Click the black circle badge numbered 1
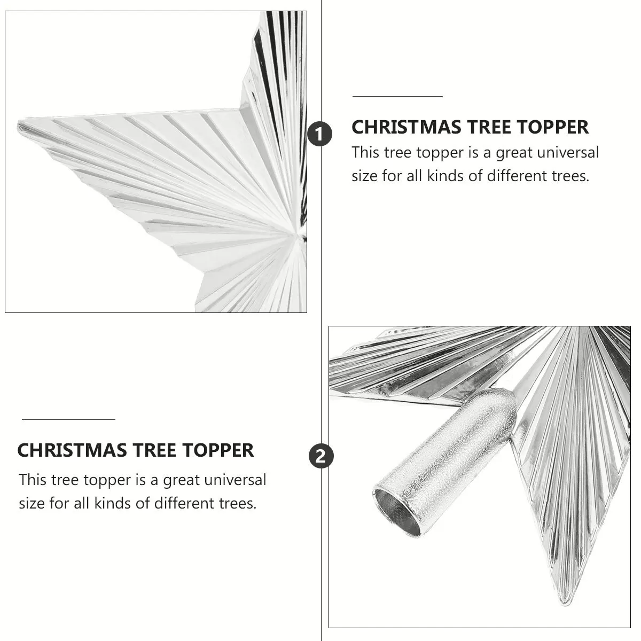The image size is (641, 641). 319,134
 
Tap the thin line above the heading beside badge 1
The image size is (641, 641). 397,97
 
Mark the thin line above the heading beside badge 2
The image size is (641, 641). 68,420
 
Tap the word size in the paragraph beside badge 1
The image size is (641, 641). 364,176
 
